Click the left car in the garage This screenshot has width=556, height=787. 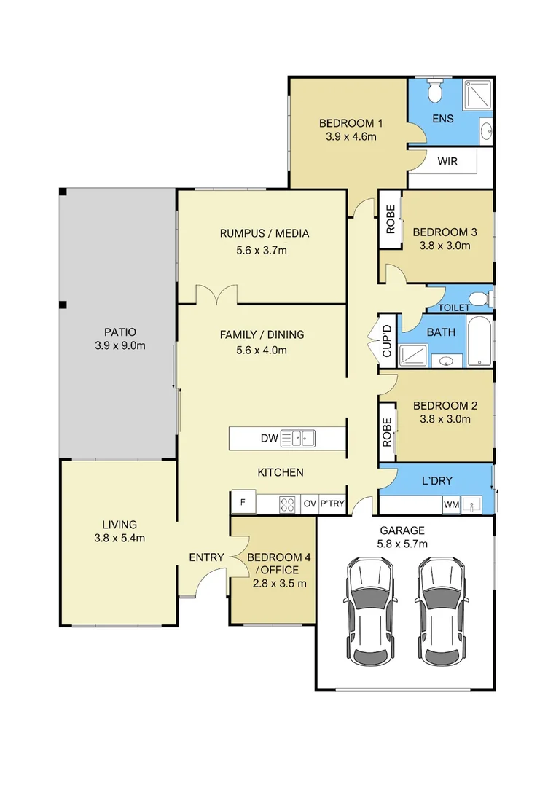[x=370, y=611]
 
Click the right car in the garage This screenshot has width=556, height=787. [x=442, y=611]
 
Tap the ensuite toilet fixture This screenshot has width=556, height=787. [x=434, y=90]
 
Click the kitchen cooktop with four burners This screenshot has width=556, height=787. [x=287, y=504]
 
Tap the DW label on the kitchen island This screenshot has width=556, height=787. [x=270, y=438]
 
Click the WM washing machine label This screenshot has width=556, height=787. [x=451, y=504]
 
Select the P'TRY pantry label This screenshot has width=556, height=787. [x=332, y=504]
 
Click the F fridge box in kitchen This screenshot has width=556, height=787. [x=243, y=502]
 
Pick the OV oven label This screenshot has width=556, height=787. [x=310, y=504]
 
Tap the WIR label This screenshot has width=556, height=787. [x=447, y=162]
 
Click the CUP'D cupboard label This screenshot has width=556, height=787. [x=387, y=341]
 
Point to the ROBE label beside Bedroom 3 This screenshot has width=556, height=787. [x=391, y=219]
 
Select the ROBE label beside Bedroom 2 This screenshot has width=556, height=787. [x=387, y=432]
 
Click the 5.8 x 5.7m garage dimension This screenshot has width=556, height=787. [x=402, y=544]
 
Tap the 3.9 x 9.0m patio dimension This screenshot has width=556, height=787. [x=120, y=345]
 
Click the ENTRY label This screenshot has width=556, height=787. [x=206, y=557]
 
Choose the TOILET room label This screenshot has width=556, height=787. [x=454, y=308]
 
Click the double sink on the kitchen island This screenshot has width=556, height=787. [x=297, y=438]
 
